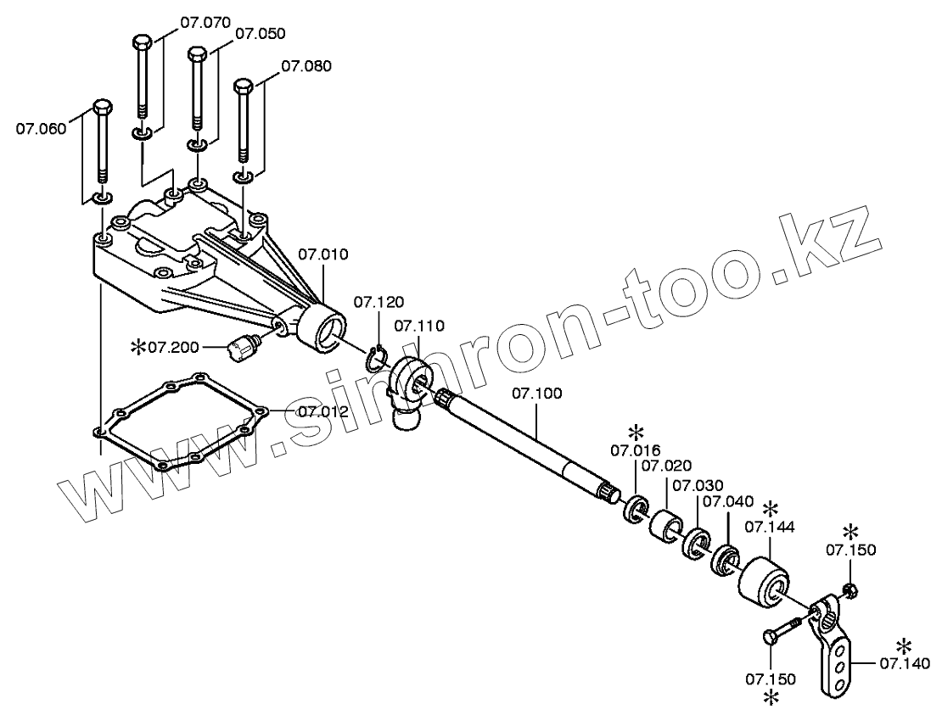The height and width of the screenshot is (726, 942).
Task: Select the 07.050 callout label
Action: (260, 34)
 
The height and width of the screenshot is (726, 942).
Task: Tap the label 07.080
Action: (306, 65)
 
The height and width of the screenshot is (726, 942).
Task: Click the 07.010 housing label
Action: (323, 254)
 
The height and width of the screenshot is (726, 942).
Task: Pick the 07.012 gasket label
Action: (323, 411)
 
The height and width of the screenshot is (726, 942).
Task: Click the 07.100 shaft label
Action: (536, 394)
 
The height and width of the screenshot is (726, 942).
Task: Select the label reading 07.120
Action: (378, 302)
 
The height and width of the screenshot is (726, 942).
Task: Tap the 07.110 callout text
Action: (419, 325)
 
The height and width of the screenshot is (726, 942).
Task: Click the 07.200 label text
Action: (173, 347)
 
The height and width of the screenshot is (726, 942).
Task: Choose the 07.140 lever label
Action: (905, 662)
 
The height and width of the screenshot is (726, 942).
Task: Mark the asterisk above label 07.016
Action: (635, 433)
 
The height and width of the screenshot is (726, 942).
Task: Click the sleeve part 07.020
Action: (666, 525)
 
